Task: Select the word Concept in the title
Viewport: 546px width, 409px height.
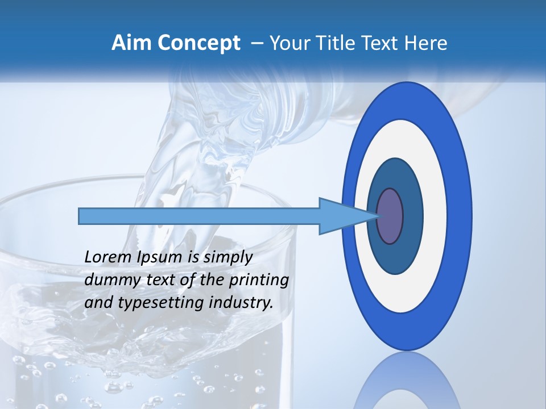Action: point(196,44)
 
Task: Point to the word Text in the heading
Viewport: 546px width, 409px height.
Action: point(382,43)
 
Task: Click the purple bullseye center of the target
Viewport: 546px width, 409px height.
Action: point(390,216)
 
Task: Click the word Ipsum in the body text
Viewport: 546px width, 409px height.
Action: point(158,257)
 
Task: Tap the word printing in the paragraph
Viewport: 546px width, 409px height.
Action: point(259,280)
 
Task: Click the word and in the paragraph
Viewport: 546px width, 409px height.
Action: point(98,303)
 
